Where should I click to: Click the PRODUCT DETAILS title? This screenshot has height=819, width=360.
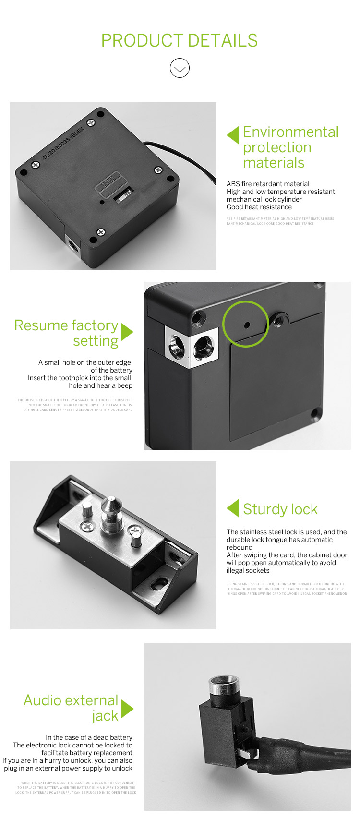click(x=180, y=41)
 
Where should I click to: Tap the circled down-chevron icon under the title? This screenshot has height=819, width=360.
click(x=180, y=68)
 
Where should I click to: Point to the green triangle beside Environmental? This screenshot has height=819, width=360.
click(x=233, y=135)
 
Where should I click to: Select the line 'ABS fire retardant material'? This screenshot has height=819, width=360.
click(x=268, y=184)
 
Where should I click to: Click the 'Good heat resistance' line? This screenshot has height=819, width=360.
click(x=259, y=207)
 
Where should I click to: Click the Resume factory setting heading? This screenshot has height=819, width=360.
click(x=66, y=333)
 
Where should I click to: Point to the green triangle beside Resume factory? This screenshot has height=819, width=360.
click(x=126, y=332)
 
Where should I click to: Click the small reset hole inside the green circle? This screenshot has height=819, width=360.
click(x=247, y=325)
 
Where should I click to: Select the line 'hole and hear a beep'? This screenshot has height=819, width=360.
click(x=100, y=385)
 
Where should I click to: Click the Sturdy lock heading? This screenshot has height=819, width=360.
click(x=280, y=509)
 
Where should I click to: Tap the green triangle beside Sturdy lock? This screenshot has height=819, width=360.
click(x=233, y=508)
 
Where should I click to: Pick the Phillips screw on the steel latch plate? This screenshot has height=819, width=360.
click(x=88, y=526)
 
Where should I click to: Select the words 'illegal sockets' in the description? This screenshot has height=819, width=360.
click(x=248, y=570)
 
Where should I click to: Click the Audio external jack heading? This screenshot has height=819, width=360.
click(x=71, y=708)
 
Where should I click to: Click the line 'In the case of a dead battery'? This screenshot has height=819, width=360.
click(x=89, y=737)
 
